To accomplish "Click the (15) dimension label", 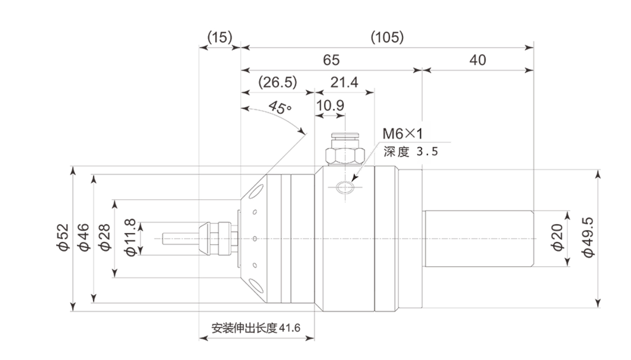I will coord(220,38).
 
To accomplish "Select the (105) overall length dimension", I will coord(387,37).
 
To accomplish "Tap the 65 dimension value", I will coord(331,60).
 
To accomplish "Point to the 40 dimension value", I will coord(477,60).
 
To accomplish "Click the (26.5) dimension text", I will coord(277,82).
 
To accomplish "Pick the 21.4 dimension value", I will coord(345,82).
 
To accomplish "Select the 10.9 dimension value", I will coord(330,105).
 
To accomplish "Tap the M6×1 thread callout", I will coord(402,133).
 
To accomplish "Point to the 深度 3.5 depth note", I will coord(411,152).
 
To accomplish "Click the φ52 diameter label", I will coord(62,239).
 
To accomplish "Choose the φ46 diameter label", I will coord(83,239).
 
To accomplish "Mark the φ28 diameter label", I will coord(104,239).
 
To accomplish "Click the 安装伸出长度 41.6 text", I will coord(256,328).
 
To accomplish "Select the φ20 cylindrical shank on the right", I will coord(478,239).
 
